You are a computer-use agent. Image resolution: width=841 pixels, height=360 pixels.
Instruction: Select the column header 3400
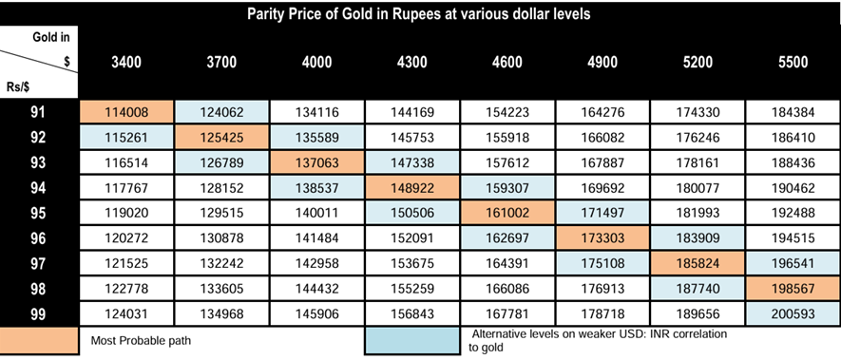point(126,63)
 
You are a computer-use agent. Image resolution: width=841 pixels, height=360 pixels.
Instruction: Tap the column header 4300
point(411,63)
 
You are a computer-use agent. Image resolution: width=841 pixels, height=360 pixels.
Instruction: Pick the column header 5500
point(793,63)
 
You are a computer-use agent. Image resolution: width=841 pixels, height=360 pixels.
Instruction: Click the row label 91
point(38,112)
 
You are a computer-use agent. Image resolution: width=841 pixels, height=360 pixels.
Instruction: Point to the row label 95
point(38,213)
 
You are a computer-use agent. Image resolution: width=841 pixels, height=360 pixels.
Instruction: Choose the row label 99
point(38,313)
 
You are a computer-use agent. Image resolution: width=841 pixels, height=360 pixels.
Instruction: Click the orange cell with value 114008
point(126,112)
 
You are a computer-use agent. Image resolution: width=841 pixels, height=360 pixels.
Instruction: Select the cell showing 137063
point(317,162)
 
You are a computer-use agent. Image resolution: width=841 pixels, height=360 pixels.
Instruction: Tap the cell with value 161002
point(507,213)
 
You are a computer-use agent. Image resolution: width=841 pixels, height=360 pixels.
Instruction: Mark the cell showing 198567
point(793,289)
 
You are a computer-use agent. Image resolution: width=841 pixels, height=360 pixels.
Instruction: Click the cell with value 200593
point(793,313)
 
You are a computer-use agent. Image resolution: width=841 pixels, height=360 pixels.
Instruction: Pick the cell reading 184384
point(793,112)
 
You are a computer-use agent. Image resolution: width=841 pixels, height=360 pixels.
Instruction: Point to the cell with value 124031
point(126,313)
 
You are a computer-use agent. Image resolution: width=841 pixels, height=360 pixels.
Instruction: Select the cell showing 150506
point(411,213)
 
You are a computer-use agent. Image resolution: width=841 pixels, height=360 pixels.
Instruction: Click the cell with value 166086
point(507,289)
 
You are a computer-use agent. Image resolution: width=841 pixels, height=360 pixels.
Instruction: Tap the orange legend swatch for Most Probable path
point(39,341)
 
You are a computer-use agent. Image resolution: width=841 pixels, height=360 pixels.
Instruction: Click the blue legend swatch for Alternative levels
point(411,341)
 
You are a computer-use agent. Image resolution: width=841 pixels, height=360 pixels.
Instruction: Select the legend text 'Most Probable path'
point(141,341)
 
